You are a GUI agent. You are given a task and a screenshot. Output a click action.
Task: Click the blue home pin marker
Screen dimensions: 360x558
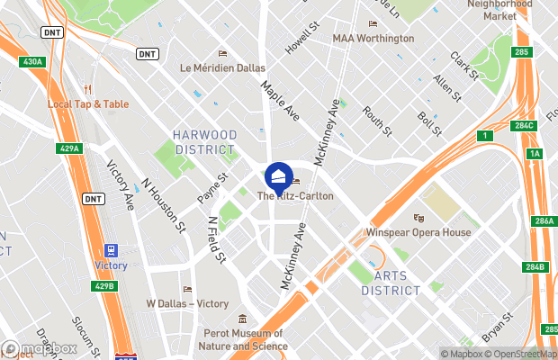pos(279,175)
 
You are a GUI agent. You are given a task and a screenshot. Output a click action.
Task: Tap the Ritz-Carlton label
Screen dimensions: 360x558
pos(295,196)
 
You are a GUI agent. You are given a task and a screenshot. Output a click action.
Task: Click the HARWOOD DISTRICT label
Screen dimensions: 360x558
pos(205,141)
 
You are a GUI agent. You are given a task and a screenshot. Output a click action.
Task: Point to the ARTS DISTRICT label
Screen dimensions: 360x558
pos(391,283)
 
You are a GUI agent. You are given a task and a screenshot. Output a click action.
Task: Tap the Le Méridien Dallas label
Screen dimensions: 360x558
pos(223,67)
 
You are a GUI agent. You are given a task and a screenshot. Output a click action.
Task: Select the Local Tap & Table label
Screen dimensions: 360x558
pos(88,103)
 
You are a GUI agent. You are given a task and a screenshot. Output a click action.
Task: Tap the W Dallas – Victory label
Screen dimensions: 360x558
pos(187,303)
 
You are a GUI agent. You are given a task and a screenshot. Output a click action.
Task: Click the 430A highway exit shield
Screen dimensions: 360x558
pos(32,61)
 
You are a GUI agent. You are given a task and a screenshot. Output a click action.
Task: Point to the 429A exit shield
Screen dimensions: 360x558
pos(69,148)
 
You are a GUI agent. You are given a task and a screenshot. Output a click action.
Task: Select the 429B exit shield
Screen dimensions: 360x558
pos(104,286)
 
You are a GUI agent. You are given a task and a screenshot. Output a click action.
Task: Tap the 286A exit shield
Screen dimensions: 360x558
pos(544,221)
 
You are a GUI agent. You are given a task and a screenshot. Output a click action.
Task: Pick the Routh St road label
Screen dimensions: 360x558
pos(377,121)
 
